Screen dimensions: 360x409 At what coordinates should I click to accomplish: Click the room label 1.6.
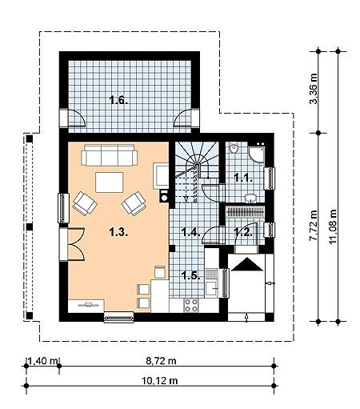[119, 101]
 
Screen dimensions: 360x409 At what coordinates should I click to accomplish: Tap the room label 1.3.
[118, 232]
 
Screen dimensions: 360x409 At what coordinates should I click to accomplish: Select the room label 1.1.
[243, 178]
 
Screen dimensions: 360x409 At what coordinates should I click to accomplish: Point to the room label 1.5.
[191, 275]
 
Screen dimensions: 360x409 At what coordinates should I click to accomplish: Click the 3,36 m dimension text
[314, 88]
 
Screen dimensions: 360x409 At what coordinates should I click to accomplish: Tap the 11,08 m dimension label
[333, 227]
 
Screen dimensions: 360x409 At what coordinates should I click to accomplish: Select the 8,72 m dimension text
[161, 361]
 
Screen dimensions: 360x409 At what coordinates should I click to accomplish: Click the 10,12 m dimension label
[159, 380]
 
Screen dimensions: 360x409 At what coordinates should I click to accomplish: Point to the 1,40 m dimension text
[42, 361]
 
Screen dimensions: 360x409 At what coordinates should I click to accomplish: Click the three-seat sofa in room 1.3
[110, 155]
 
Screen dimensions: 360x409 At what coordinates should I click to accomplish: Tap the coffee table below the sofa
[110, 182]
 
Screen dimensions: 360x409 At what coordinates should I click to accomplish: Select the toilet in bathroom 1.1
[234, 148]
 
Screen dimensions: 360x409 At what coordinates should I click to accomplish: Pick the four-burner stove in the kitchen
[191, 306]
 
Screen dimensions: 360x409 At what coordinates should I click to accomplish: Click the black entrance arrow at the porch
[247, 264]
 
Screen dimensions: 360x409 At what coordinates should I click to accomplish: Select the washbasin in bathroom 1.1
[251, 198]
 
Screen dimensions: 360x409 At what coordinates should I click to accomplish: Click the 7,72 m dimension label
[314, 226]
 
